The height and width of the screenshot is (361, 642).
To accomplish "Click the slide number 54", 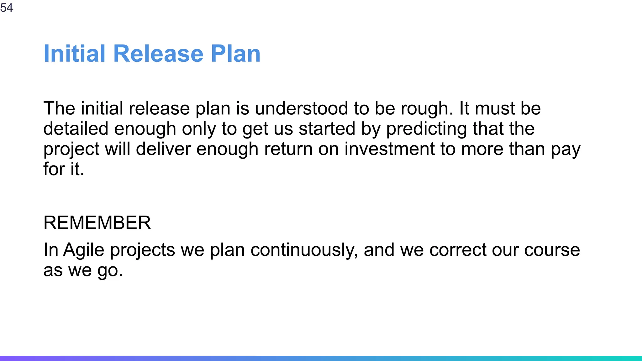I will click(x=6, y=7).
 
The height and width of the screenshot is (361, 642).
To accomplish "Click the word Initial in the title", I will click(x=74, y=54).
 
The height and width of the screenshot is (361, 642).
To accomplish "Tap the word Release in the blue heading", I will click(x=158, y=54).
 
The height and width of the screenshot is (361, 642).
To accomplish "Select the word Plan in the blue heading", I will click(x=235, y=54).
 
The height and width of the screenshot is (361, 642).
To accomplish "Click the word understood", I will click(x=301, y=108).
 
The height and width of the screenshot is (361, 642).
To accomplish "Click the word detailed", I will click(x=76, y=129).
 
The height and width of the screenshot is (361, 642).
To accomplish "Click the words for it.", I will click(x=64, y=169).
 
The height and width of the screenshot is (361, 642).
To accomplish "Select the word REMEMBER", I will click(x=97, y=223).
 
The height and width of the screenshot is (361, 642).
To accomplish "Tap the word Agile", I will click(x=84, y=250).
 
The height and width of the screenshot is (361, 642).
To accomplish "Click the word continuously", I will click(x=304, y=250).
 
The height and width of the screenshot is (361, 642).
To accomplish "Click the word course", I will click(x=552, y=250).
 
